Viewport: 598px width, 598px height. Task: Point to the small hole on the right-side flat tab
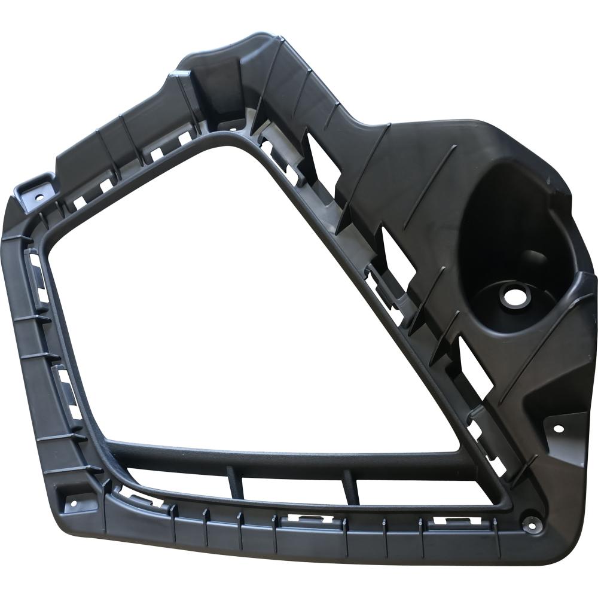coord(558,428)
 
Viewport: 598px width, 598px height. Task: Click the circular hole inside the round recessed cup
coord(511,295)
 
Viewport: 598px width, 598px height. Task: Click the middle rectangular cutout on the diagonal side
coord(395,251)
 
